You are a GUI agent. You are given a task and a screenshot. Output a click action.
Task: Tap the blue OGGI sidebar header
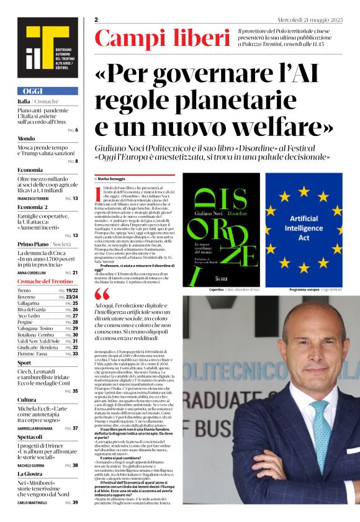(x=48, y=91)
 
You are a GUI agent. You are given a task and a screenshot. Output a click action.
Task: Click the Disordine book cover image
(x=220, y=230)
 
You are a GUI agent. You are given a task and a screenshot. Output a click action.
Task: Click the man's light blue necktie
(x=322, y=434)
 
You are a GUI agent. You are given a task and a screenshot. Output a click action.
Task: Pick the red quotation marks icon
(x=102, y=295)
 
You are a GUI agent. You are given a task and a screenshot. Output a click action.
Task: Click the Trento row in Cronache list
(x=25, y=290)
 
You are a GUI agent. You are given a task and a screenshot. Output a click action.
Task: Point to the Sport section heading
(x=24, y=362)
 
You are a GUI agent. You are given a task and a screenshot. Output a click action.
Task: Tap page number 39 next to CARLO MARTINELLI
(x=76, y=502)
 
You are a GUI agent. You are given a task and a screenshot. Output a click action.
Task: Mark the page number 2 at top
(x=97, y=20)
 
